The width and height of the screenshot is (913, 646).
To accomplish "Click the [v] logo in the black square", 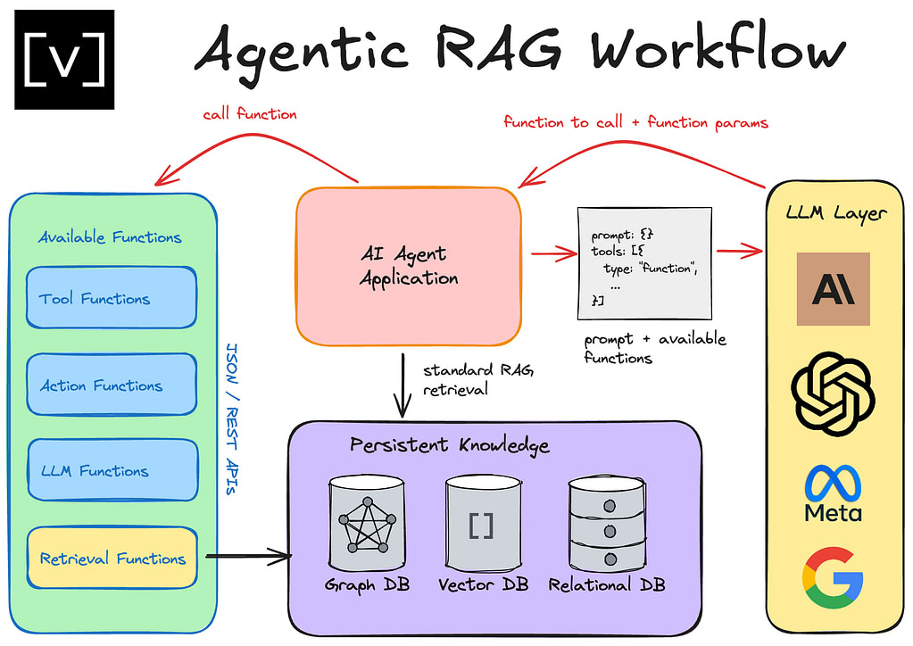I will (64, 59).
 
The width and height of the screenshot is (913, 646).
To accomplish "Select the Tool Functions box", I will (112, 298).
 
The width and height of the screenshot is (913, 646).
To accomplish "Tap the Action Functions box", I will (112, 385).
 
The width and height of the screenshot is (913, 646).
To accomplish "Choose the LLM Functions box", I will (112, 470).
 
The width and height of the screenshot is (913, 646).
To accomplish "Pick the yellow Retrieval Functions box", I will (112, 559).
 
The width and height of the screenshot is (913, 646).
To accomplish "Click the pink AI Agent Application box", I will (409, 267).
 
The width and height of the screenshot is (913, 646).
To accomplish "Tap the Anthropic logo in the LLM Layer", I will (833, 289).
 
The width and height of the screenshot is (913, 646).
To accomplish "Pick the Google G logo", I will (833, 576).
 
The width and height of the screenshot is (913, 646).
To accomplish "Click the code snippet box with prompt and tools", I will (644, 264).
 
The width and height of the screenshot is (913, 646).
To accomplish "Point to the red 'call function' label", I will (249, 114).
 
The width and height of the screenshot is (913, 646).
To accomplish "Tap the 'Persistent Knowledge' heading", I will (449, 444).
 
